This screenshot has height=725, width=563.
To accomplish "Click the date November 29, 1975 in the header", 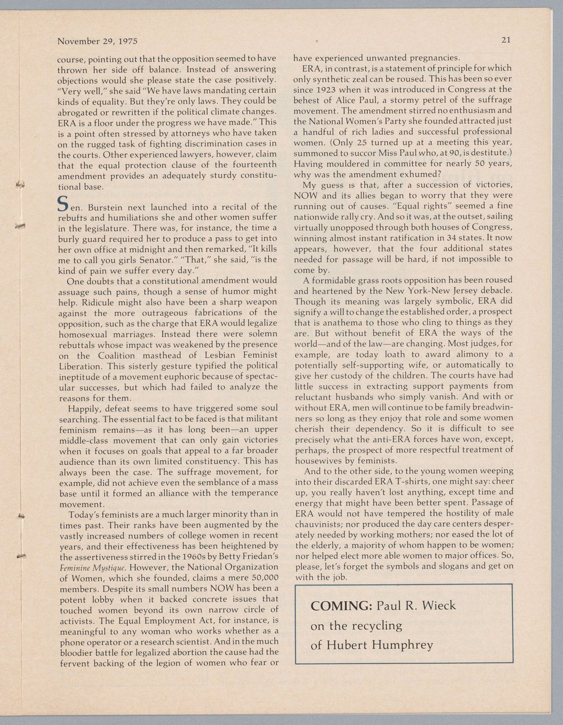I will point(97,41).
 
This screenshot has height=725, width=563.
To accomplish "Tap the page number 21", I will point(506,40).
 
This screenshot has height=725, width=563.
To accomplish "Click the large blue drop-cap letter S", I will point(64,204).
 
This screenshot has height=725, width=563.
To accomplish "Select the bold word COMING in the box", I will point(341,606).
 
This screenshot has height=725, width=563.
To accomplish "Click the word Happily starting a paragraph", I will point(84,408).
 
